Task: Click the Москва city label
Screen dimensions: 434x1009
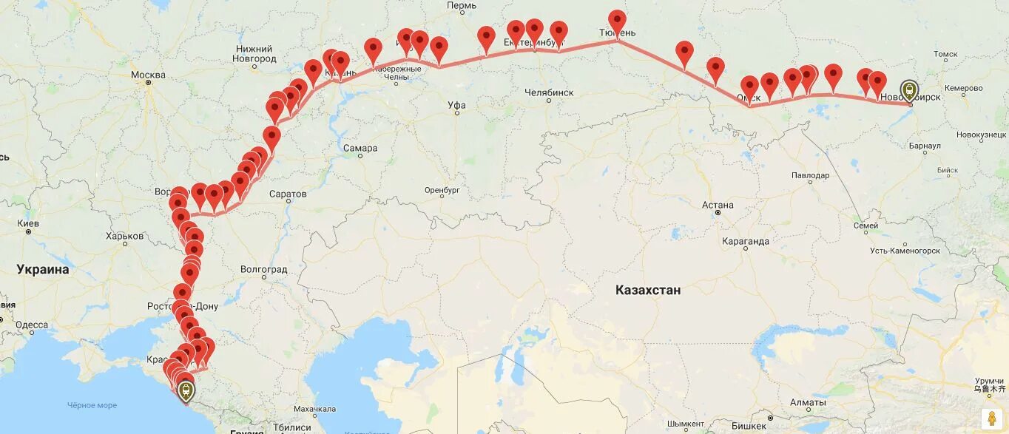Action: pyautogui.click(x=148, y=75)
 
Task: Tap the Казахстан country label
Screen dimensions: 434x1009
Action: pyautogui.click(x=648, y=291)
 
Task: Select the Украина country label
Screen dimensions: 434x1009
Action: pyautogui.click(x=43, y=269)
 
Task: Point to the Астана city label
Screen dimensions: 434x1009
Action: pyautogui.click(x=718, y=205)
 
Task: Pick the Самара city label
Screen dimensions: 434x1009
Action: pyautogui.click(x=360, y=148)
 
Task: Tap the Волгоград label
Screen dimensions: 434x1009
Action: pyautogui.click(x=263, y=270)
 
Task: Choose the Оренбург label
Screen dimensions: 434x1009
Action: pyautogui.click(x=442, y=190)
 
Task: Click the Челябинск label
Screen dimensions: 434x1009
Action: pyautogui.click(x=549, y=92)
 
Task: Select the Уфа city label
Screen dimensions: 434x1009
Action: pyautogui.click(x=457, y=105)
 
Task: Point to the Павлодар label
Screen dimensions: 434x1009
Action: pyautogui.click(x=810, y=175)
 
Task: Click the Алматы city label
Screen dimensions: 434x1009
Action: pyautogui.click(x=807, y=403)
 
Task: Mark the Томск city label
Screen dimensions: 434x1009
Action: pyautogui.click(x=945, y=54)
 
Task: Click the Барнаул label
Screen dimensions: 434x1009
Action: pyautogui.click(x=925, y=146)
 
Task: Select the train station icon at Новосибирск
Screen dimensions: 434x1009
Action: pyautogui.click(x=909, y=91)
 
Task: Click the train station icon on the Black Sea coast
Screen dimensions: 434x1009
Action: pyautogui.click(x=185, y=390)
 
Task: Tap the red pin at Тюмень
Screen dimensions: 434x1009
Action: pyautogui.click(x=617, y=22)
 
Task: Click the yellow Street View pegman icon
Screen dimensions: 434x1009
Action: pyautogui.click(x=992, y=418)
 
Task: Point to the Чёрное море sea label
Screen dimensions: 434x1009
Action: pyautogui.click(x=92, y=405)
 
